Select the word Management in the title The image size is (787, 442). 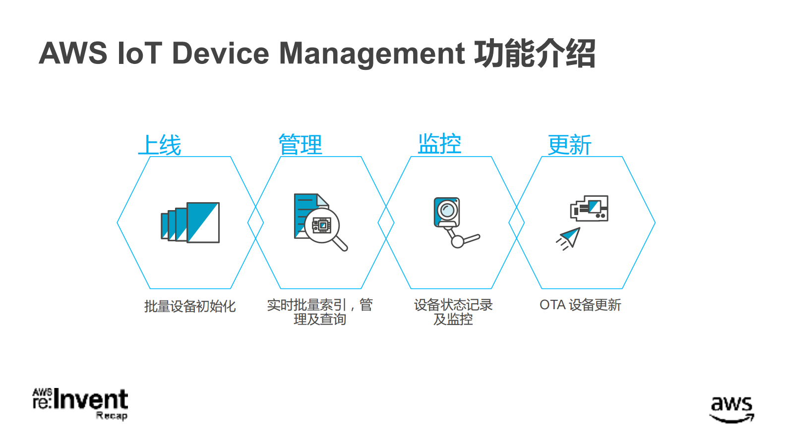(x=372, y=54)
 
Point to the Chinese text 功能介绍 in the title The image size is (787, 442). (x=534, y=54)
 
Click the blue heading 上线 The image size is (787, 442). (x=160, y=145)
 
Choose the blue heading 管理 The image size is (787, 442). (x=300, y=145)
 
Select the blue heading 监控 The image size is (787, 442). (x=439, y=144)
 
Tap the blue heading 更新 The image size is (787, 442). (x=569, y=145)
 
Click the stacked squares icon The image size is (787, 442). (x=190, y=222)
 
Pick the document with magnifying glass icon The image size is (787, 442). (x=319, y=222)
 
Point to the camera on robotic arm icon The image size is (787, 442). (x=454, y=222)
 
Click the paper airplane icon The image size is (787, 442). (x=569, y=238)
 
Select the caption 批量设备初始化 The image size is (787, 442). (x=190, y=306)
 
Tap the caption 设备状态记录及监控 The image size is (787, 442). (x=453, y=312)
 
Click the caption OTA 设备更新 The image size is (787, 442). (x=580, y=305)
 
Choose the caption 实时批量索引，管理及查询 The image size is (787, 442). (x=320, y=312)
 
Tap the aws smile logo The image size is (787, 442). (x=731, y=409)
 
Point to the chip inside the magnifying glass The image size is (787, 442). (x=321, y=225)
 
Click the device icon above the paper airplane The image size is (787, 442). (x=589, y=208)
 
